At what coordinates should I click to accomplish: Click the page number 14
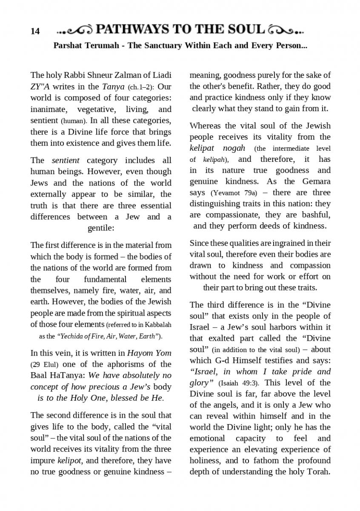click(35, 31)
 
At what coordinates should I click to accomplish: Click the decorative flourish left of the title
click(74, 30)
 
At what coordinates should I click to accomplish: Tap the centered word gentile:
click(101, 228)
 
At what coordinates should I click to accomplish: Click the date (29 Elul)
click(44, 365)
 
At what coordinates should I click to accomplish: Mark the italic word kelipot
click(69, 460)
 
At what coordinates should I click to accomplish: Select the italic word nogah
click(234, 148)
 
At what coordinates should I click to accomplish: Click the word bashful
click(315, 215)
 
